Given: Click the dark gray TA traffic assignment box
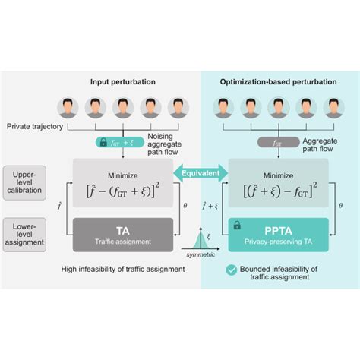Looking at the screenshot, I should coord(122,235).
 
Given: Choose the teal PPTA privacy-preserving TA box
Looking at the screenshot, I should coord(279,235).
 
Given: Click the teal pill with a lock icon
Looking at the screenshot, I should coord(114,142).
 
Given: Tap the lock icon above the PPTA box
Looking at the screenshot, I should coord(236,226).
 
